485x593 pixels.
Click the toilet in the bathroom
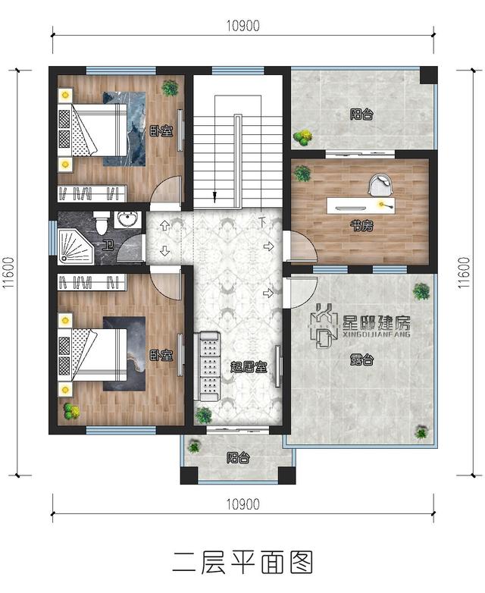click(102, 222)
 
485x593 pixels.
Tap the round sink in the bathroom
click(127, 219)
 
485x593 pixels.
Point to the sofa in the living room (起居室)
click(206, 366)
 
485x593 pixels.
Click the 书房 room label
click(361, 226)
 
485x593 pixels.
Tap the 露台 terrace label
click(361, 359)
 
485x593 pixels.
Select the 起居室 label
click(249, 366)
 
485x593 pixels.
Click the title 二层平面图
click(242, 562)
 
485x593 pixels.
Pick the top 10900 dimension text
click(243, 26)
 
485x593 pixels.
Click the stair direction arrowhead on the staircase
click(214, 196)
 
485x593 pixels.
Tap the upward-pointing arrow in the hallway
click(164, 226)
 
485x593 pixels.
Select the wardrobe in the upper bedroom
click(92, 193)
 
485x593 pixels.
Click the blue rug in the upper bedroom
click(124, 129)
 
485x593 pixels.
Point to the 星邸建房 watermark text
click(376, 322)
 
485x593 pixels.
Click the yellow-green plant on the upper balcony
click(303, 138)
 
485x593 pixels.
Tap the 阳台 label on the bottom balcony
click(238, 458)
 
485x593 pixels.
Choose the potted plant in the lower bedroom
click(71, 411)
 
